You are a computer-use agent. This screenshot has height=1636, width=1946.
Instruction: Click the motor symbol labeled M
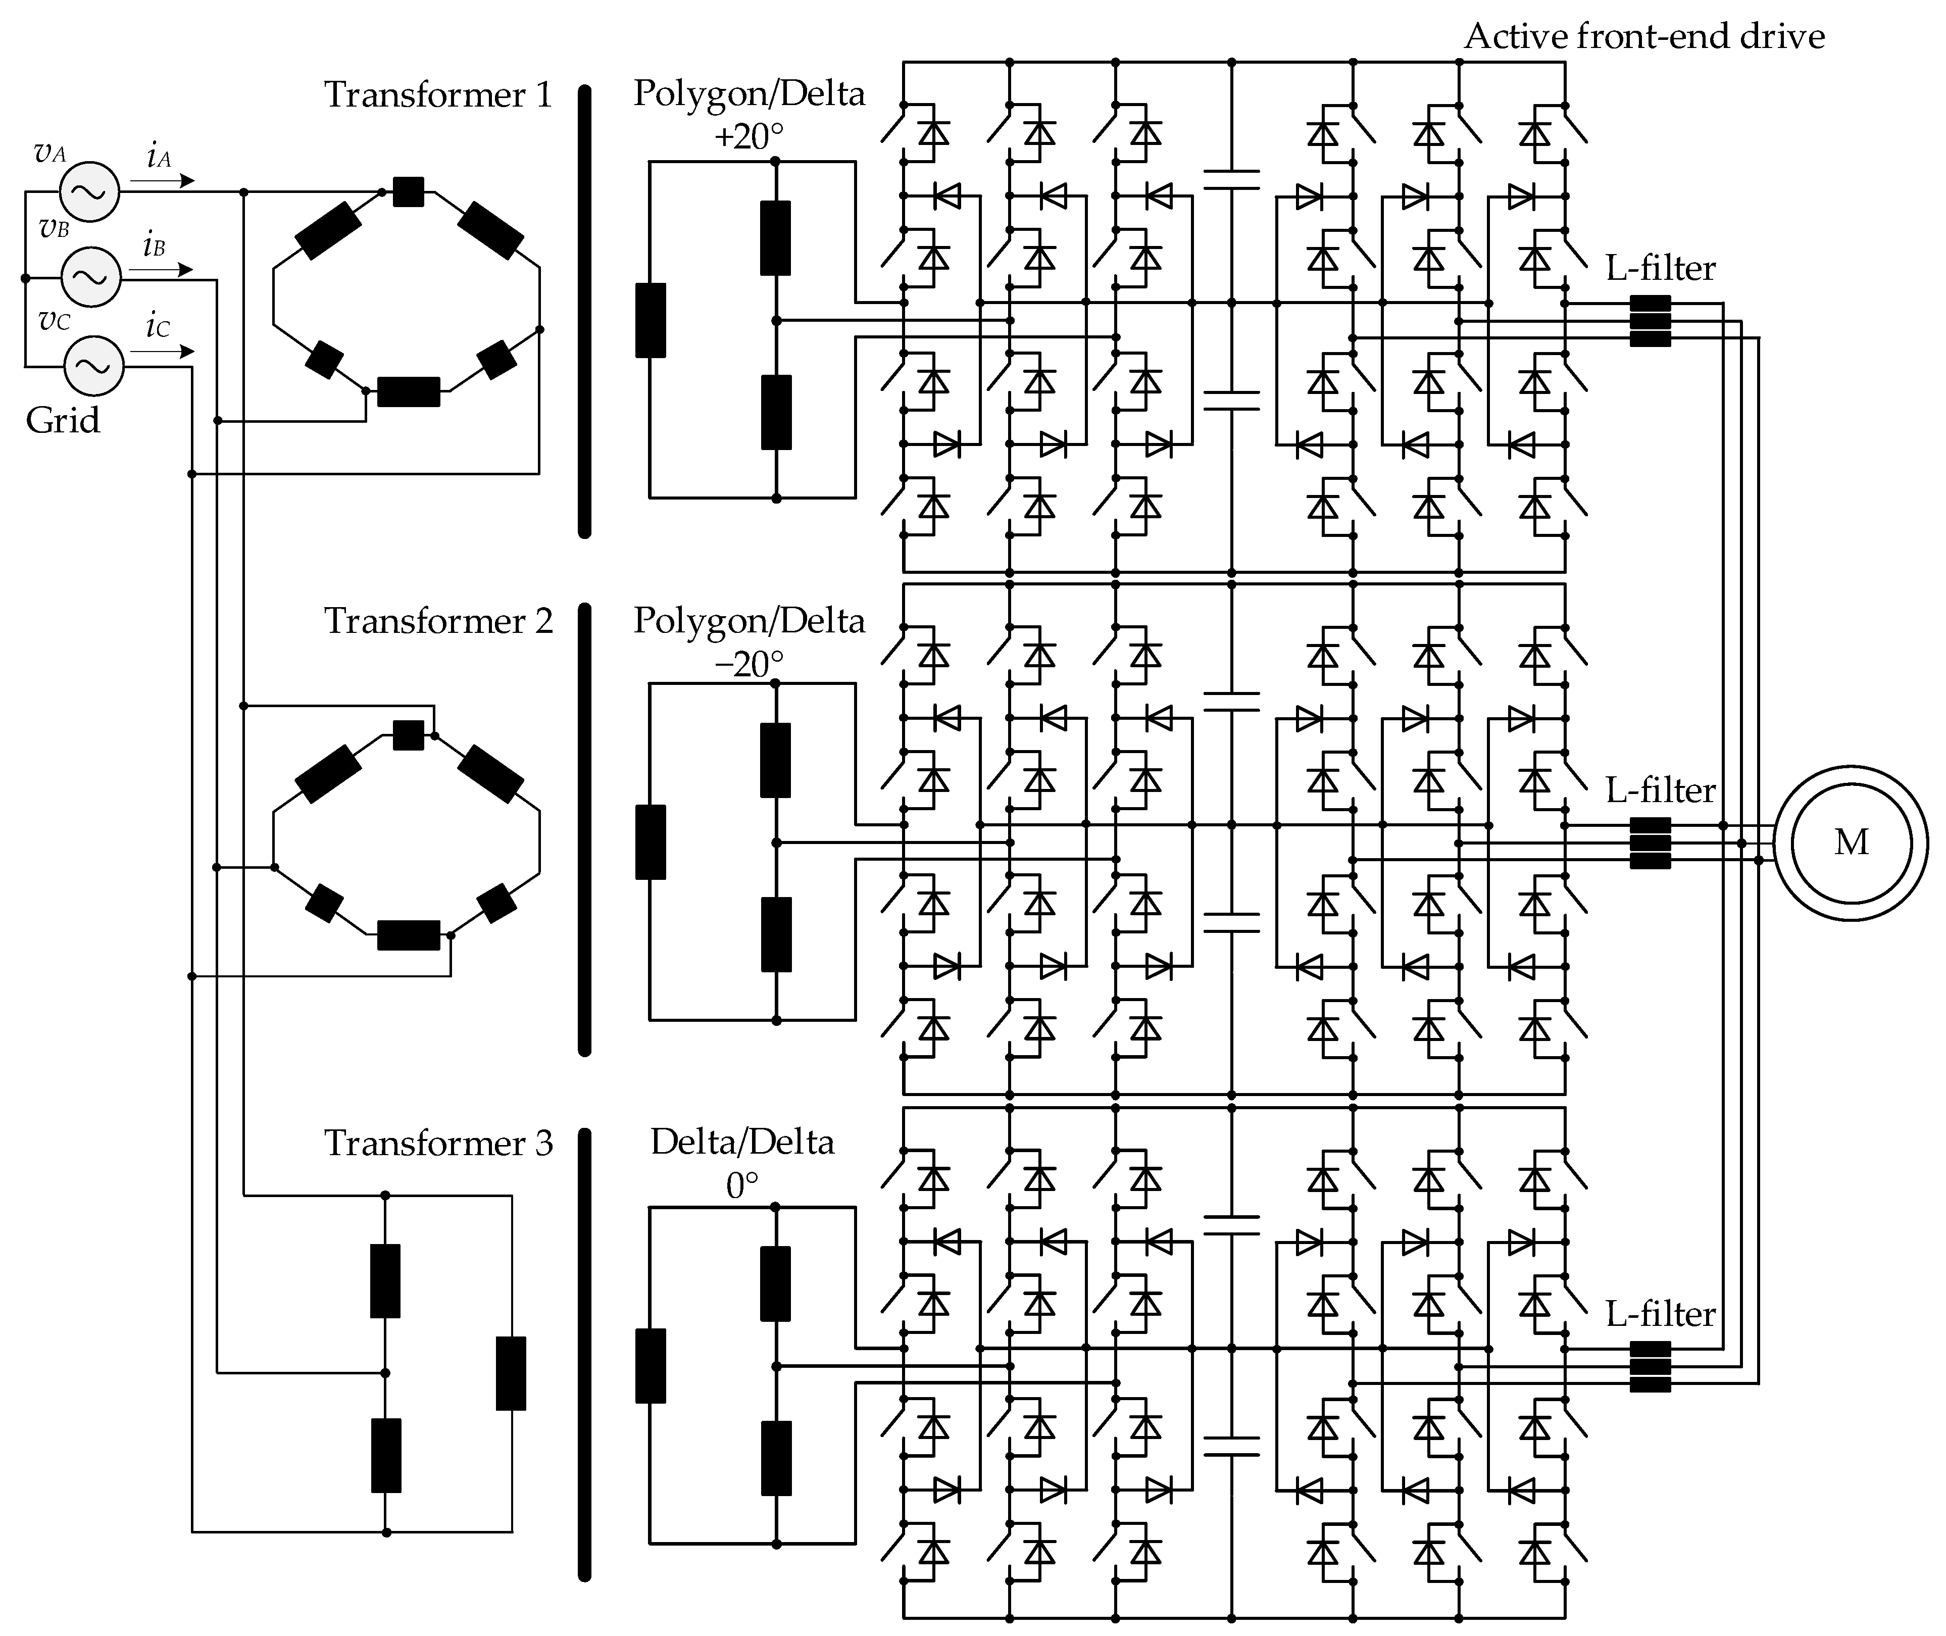pos(1851,842)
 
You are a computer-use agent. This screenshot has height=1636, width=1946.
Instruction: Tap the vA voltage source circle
pos(90,192)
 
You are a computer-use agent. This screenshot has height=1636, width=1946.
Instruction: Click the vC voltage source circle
pos(93,365)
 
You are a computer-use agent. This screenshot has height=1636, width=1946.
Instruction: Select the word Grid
pos(62,420)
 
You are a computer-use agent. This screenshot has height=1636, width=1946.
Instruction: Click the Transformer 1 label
pos(438,94)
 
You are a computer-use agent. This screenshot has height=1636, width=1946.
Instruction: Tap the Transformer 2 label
pos(438,620)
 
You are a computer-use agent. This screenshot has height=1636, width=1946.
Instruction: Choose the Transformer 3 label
pos(438,1143)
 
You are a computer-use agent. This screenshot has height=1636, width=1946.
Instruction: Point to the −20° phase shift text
pos(749,663)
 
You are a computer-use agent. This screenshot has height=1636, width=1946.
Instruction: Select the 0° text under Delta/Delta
pos(742,1185)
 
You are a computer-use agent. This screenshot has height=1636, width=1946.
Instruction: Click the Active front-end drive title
pos(1643,36)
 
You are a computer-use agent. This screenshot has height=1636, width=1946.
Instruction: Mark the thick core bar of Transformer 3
pos(584,1354)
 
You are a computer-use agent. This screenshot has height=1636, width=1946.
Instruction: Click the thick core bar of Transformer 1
pos(584,311)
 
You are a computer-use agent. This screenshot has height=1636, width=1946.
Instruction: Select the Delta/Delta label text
pos(742,1142)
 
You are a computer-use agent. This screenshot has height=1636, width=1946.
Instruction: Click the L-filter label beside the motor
pos(1660,790)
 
